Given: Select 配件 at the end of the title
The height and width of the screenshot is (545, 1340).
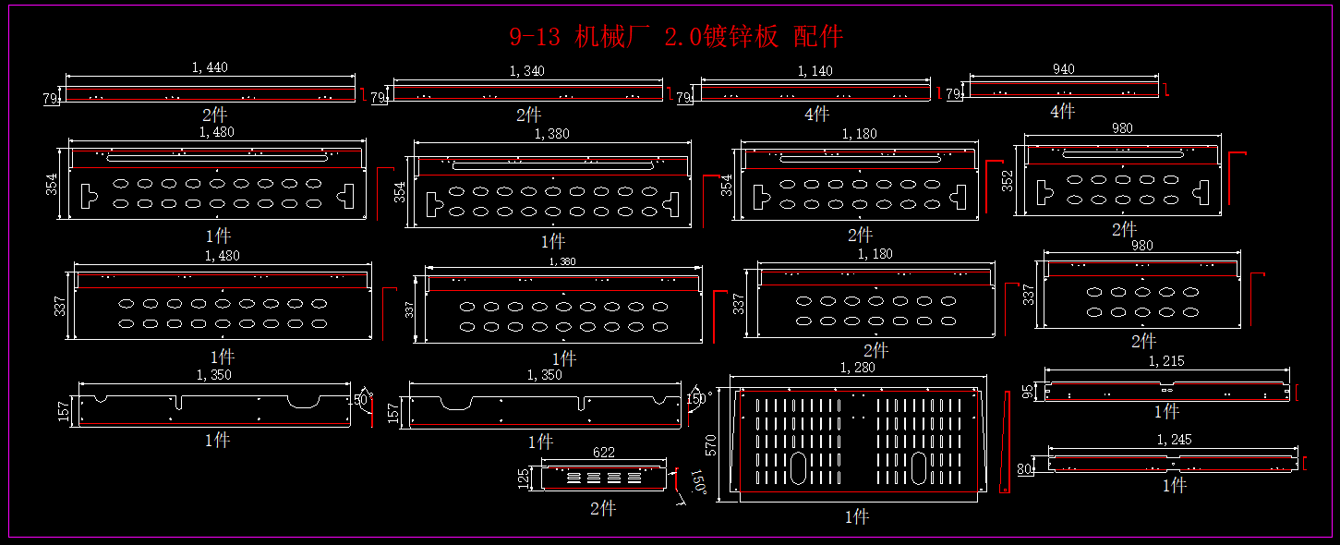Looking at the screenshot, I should [x=818, y=37].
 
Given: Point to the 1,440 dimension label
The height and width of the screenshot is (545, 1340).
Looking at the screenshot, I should [x=210, y=67].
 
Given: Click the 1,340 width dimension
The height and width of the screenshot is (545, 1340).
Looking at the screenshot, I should [x=527, y=71].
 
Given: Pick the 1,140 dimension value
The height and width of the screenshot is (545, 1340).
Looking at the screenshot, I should [x=815, y=71].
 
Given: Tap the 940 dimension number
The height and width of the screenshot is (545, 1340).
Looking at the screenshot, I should [x=1064, y=69].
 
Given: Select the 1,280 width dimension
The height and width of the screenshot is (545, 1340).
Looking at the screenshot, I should [x=857, y=368].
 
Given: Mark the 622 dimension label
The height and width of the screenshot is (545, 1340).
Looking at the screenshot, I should [x=604, y=453].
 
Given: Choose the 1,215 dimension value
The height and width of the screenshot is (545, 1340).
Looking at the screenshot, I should [x=1166, y=361].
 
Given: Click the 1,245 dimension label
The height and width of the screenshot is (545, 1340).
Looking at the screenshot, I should [x=1174, y=440].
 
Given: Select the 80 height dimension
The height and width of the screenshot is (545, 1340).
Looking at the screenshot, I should [x=1025, y=469].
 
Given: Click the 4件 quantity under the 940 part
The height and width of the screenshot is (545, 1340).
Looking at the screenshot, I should [x=1063, y=112].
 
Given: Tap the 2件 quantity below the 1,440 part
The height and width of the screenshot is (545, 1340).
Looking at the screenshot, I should [x=214, y=115].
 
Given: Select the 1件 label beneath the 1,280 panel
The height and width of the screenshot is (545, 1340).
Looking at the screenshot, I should [x=857, y=517].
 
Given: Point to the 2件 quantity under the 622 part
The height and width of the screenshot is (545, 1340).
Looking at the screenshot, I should [x=603, y=509].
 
